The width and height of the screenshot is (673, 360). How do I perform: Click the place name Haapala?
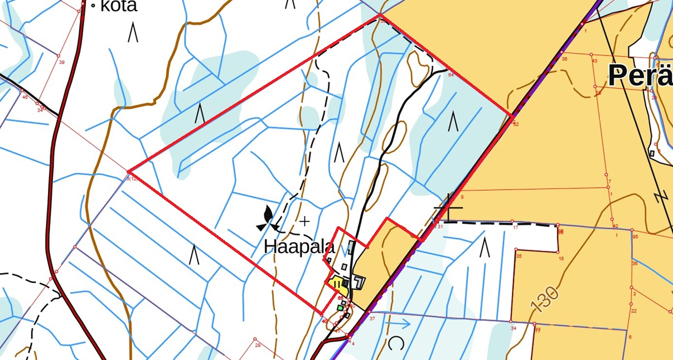[x=299, y=247]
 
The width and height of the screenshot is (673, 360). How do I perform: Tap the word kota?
[x=118, y=6]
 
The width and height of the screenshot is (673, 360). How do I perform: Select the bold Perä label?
[x=640, y=75]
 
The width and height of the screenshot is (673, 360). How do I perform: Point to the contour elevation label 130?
[x=545, y=299]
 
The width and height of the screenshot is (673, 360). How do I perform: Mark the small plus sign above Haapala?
[x=304, y=221]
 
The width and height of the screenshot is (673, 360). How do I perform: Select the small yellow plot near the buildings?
[x=336, y=284]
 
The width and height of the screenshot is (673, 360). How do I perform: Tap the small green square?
[x=340, y=308]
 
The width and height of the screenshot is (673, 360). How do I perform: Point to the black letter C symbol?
[x=395, y=343]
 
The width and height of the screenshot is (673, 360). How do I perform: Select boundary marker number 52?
[x=516, y=124]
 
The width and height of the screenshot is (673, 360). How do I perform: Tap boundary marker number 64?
[x=451, y=75]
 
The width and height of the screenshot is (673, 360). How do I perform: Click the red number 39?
[x=61, y=62]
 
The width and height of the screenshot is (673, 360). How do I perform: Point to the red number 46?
[x=25, y=97]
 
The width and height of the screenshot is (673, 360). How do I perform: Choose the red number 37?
[x=372, y=319]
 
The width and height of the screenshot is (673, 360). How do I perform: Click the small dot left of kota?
[x=93, y=7]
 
